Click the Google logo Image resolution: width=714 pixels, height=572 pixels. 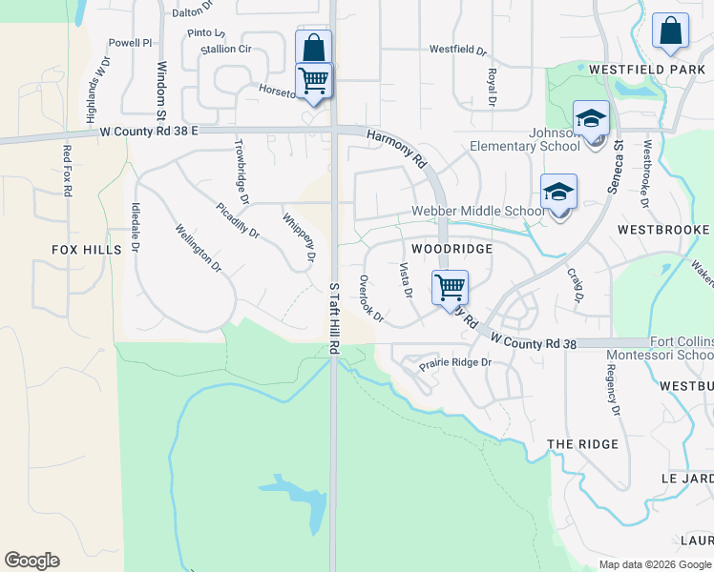31,561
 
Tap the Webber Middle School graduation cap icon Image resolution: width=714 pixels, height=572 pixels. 558,193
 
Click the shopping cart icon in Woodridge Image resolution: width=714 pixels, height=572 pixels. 449,286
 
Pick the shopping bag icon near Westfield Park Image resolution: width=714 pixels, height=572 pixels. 670,31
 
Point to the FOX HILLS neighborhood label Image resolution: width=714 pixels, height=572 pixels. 87,250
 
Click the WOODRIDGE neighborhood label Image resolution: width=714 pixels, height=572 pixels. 451,249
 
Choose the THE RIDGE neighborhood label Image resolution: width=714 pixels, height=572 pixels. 582,445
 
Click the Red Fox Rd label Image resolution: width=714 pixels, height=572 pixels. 68,172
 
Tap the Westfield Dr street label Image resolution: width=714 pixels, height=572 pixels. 457,49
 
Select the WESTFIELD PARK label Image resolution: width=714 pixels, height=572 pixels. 647,70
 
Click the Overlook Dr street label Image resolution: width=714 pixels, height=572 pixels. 370,297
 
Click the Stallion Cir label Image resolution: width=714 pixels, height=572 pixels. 224,49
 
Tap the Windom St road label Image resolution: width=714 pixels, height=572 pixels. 161,84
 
